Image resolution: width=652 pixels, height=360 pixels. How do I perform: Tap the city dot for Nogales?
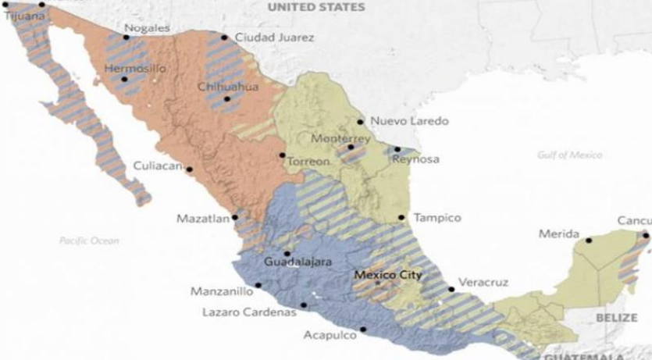(126, 37)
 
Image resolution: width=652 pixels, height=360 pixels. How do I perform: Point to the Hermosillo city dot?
(123, 80)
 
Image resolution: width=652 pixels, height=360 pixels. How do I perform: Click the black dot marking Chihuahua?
(227, 99)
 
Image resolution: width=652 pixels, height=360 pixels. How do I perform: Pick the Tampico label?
(437, 218)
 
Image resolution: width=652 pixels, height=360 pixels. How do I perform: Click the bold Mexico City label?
(387, 275)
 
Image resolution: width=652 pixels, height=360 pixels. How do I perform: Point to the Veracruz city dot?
(451, 289)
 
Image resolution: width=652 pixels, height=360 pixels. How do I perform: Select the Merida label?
(559, 234)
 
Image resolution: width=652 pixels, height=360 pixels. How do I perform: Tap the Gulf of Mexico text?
(569, 155)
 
